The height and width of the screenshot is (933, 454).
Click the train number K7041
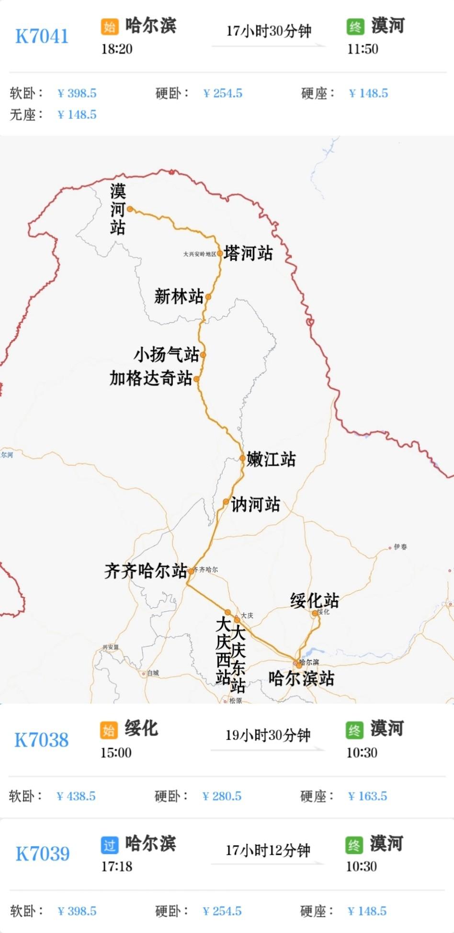click(42, 36)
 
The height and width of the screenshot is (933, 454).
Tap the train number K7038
click(42, 740)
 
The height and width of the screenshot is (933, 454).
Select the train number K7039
click(43, 853)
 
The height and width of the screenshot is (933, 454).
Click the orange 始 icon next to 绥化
click(109, 730)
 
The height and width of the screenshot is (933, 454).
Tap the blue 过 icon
click(110, 845)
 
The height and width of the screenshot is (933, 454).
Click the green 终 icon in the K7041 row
click(355, 26)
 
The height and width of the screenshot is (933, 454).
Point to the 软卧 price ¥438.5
click(76, 796)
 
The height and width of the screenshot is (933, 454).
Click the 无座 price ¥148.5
click(77, 115)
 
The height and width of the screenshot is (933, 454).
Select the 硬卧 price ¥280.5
click(222, 796)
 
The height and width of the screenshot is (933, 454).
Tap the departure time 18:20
click(117, 49)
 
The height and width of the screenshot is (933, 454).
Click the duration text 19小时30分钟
click(268, 735)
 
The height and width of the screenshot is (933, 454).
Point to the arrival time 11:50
click(363, 49)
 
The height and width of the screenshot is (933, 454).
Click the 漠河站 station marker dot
click(130, 209)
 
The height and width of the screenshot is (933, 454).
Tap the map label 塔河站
click(248, 253)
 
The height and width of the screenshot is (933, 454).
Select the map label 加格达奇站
click(151, 378)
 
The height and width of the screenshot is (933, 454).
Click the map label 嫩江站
click(271, 459)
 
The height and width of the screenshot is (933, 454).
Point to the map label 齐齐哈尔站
click(146, 571)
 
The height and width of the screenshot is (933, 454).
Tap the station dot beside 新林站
click(208, 297)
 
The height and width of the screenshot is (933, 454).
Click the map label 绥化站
click(314, 600)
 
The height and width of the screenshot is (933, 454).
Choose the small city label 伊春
click(400, 547)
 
